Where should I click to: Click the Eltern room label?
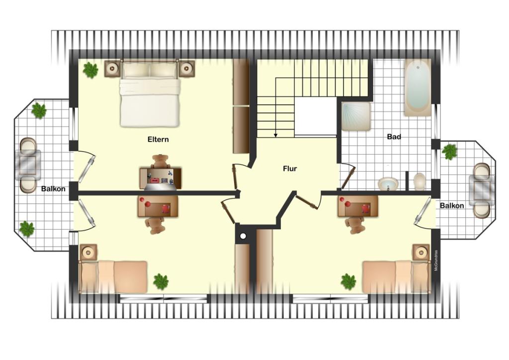tap(158, 140)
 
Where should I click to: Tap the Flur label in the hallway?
tap(290, 169)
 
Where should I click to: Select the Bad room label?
tap(394, 137)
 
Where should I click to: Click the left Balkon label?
tap(53, 189)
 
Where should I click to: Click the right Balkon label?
tap(452, 205)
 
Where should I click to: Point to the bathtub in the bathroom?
tap(418, 88)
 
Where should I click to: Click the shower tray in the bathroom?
tap(356, 116)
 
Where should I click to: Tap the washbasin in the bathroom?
tap(388, 184)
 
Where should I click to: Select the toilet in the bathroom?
tap(420, 181)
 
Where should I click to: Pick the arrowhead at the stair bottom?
tap(275, 135)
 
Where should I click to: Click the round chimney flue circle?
tap(243, 237)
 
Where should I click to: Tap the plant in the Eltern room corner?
tap(90, 70)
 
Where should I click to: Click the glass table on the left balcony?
tap(28, 165)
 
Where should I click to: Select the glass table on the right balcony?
tap(482, 191)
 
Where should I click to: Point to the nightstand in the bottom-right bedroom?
tap(422, 252)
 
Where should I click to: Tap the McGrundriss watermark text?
tap(436, 261)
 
